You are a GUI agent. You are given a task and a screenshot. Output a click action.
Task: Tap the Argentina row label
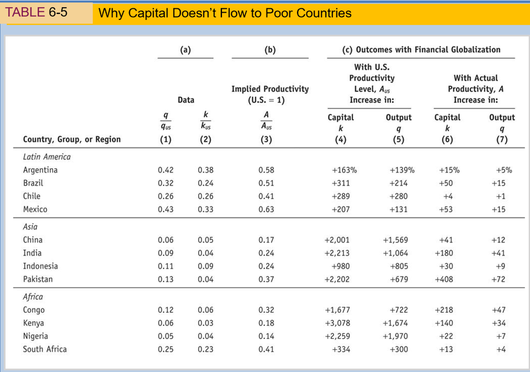[x=40, y=170]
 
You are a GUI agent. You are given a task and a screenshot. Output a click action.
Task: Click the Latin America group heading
[x=46, y=157]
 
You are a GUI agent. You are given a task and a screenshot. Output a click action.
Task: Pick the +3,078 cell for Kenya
[x=337, y=323]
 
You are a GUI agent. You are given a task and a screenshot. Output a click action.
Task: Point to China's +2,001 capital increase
[x=337, y=240]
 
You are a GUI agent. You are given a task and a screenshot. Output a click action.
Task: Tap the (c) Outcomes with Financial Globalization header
[x=421, y=50]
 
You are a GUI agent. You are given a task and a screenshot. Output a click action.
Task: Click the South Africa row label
[x=45, y=349]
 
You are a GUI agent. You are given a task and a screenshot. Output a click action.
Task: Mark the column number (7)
[x=501, y=140]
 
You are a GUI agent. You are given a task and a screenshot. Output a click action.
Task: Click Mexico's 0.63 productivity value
[x=266, y=210]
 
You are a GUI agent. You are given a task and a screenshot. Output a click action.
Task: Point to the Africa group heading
[x=34, y=297]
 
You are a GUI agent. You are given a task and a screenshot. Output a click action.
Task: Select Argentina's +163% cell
[x=343, y=170]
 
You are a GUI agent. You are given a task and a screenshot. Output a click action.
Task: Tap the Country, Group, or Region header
[x=72, y=140]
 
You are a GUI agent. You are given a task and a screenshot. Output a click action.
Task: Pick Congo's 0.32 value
[x=266, y=310]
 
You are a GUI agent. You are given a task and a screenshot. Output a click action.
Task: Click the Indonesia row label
[x=40, y=266]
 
